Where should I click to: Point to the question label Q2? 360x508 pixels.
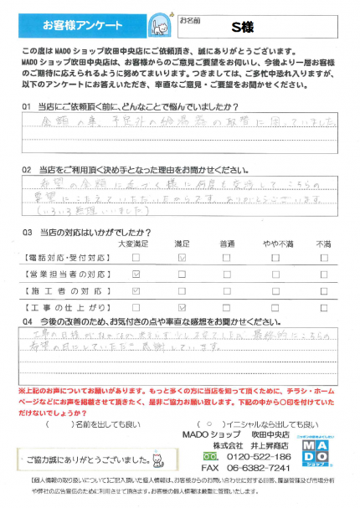click(27, 167)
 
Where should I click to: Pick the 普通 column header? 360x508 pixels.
click(227, 241)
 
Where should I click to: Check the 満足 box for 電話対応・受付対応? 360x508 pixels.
click(182, 258)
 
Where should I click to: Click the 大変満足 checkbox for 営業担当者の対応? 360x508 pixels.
click(136, 275)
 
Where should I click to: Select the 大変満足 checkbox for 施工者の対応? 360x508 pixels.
click(136, 293)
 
